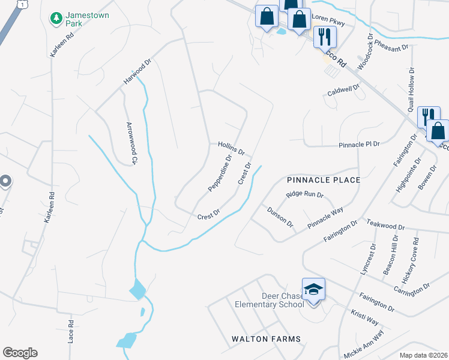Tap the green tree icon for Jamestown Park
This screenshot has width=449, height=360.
tap(56, 18)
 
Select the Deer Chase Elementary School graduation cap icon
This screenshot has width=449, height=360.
tap(313, 290)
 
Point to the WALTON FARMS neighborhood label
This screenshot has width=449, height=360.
tap(267, 339)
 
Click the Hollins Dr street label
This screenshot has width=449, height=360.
tap(231, 148)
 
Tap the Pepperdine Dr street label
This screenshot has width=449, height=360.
tap(220, 175)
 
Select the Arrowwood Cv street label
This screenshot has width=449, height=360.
tap(132, 143)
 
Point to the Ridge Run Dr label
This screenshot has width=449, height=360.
tap(305, 194)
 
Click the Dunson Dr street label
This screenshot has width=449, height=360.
tap(280, 217)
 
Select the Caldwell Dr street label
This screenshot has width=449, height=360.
tap(343, 91)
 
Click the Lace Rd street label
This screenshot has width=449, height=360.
tap(71, 331)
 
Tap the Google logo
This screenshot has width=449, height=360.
tap(20, 353)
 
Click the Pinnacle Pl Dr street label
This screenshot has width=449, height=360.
tap(360, 145)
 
